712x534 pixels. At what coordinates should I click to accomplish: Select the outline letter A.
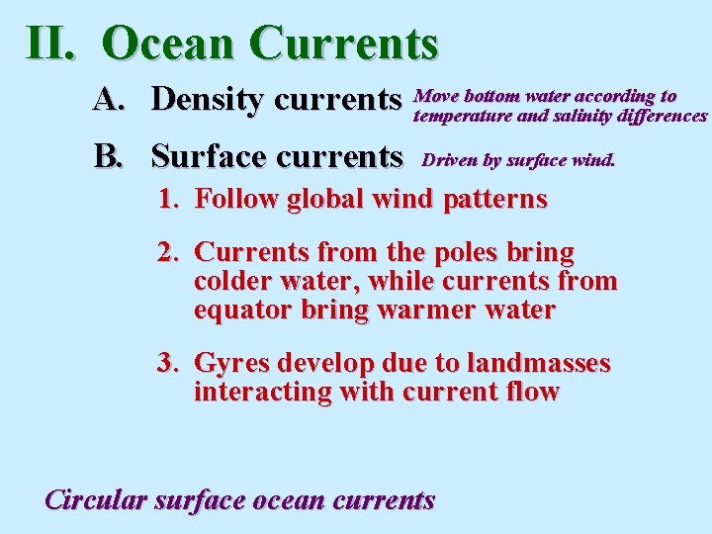[109, 99]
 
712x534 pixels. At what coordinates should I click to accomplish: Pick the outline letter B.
[108, 155]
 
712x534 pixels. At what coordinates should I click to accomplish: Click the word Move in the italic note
[436, 96]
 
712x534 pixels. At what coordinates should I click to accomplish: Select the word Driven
[450, 158]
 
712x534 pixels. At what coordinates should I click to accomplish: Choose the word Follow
[237, 199]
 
